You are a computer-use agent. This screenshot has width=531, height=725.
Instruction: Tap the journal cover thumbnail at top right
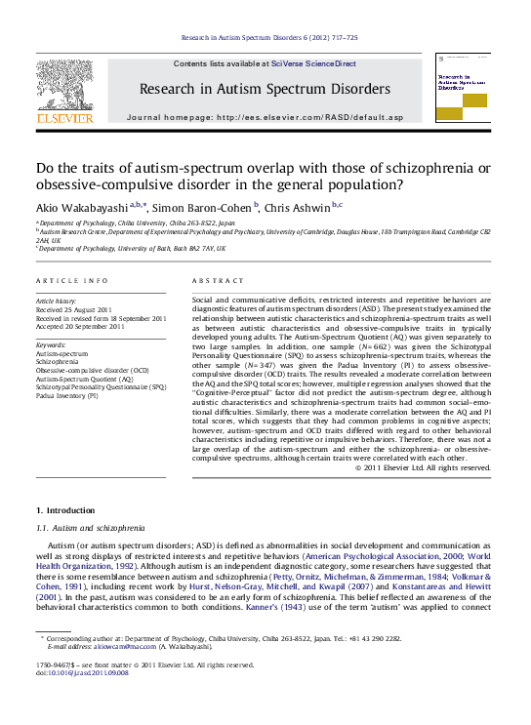[x=464, y=90]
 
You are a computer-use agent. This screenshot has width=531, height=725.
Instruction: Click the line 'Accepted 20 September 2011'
[x=79, y=326]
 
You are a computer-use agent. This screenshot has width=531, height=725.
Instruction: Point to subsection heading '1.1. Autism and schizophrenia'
[x=90, y=527]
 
